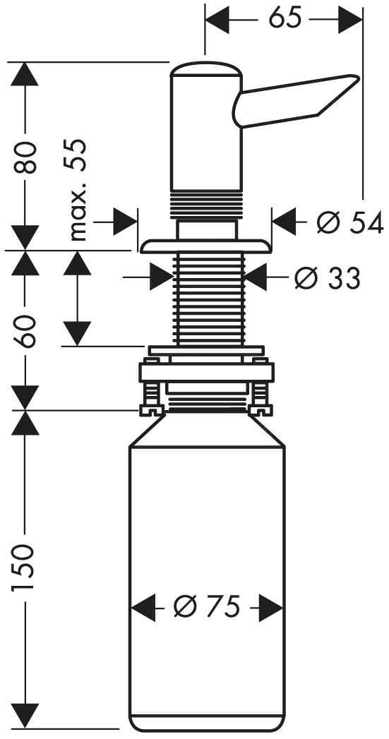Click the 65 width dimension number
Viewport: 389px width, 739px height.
click(285, 19)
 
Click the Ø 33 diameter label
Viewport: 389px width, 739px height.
click(328, 277)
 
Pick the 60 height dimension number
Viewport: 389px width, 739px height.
click(28, 331)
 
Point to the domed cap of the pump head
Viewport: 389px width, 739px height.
click(206, 68)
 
